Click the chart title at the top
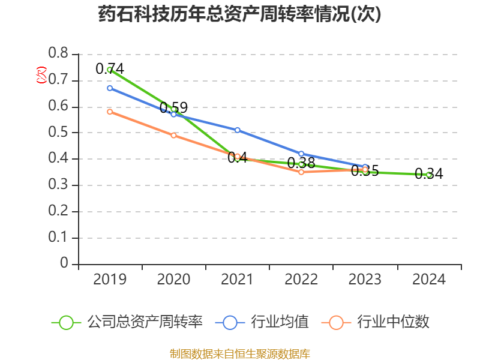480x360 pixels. [239, 15]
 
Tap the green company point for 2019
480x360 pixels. [110, 70]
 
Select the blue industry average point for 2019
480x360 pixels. [110, 88]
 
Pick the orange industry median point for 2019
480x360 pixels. [110, 112]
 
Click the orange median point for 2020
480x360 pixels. [173, 136]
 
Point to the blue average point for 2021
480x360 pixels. [238, 130]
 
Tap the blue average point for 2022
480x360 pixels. [301, 154]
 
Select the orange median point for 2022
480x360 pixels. [301, 172]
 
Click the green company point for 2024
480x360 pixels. [428, 175]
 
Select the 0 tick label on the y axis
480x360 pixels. [64, 264]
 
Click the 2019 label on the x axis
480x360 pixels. [110, 280]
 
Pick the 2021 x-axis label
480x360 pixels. [238, 280]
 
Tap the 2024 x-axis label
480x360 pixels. [428, 280]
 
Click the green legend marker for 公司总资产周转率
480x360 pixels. [67, 322]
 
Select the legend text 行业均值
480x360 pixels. [281, 322]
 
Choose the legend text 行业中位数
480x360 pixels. [393, 322]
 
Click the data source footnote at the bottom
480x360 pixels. [239, 353]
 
